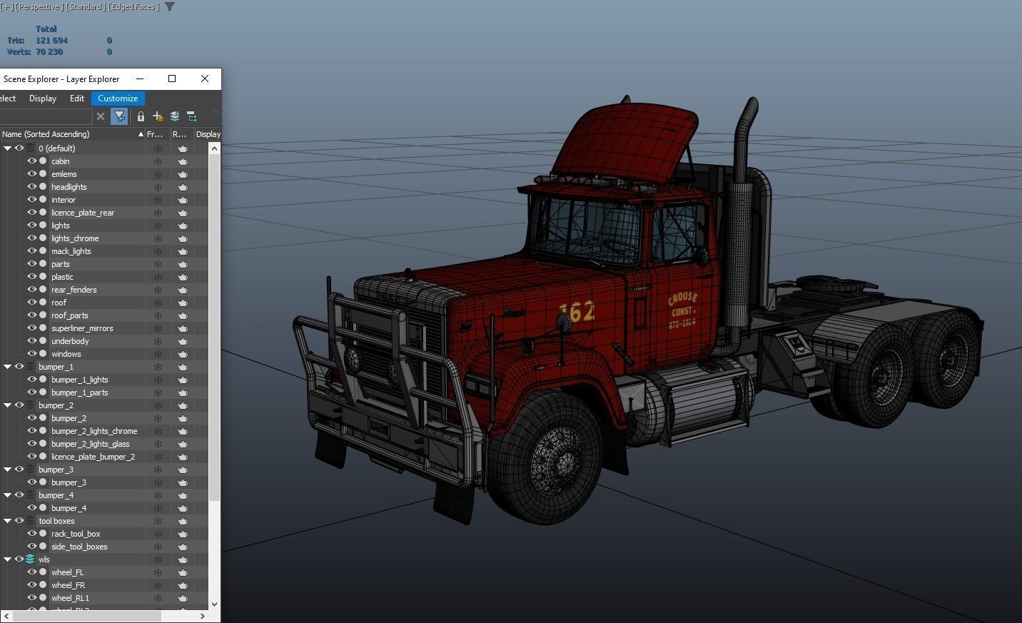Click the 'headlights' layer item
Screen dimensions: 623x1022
69,187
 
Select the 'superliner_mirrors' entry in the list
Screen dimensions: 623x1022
81,328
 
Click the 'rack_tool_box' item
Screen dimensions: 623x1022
76,534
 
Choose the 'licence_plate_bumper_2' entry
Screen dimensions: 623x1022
93,457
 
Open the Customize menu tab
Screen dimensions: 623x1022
118,98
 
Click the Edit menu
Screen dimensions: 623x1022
77,98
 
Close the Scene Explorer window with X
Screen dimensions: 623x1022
205,78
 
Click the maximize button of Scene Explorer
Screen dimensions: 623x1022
172,78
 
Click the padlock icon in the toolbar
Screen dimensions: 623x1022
141,116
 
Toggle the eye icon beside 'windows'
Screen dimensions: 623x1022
31,354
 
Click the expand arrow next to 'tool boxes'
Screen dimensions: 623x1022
7,521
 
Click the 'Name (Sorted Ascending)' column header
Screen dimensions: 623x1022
46,134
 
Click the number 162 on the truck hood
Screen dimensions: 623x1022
577,312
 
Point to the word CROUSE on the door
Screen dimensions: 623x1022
682,298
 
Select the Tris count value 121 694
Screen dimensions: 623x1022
51,41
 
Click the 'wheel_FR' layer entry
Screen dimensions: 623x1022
68,585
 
